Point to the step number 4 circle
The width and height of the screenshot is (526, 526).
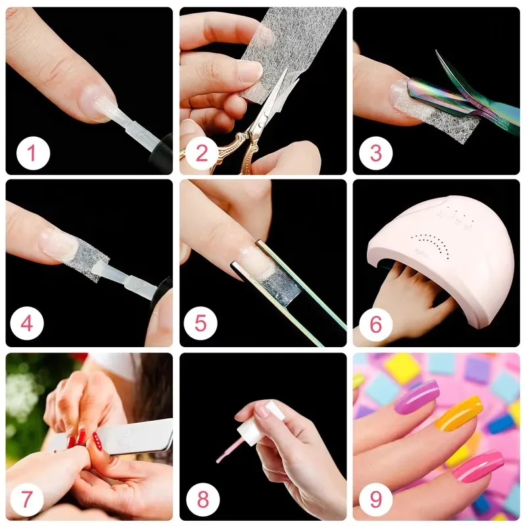click(x=29, y=324)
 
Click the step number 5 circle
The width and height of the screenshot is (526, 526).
click(x=202, y=324)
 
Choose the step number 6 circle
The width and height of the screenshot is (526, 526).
click(x=375, y=324)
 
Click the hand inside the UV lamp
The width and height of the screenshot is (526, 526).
click(x=408, y=296)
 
